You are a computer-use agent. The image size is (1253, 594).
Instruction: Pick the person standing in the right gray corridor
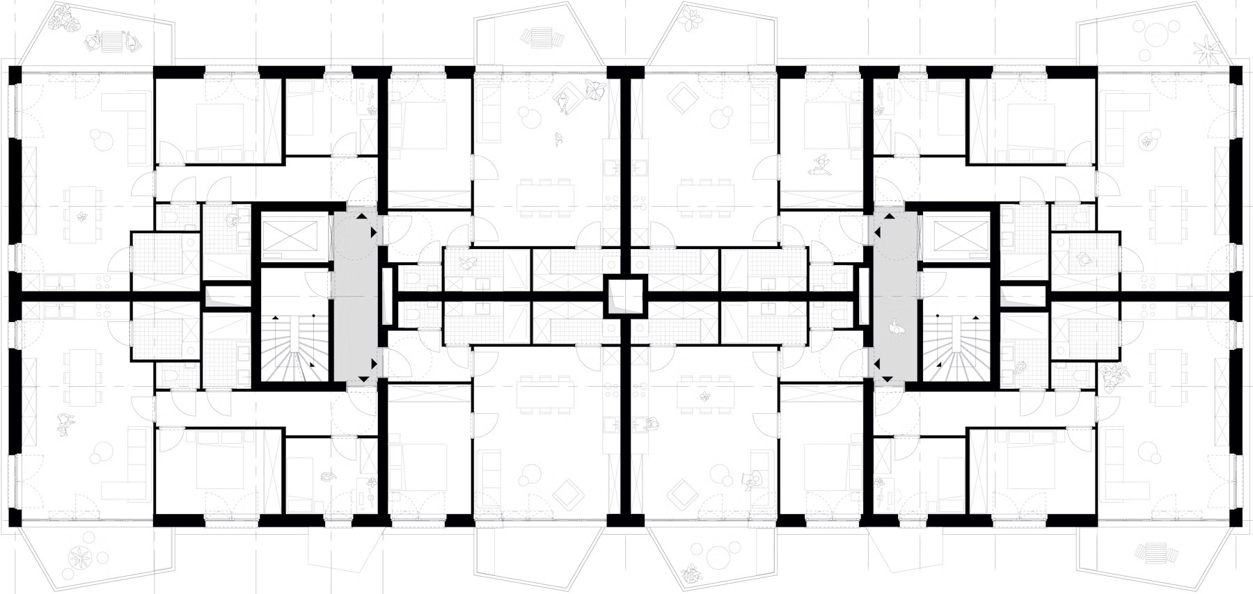[x=899, y=327]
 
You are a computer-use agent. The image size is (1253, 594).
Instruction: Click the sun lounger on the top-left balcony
[x=111, y=42]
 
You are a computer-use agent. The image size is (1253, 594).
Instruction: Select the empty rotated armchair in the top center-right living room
[x=681, y=99]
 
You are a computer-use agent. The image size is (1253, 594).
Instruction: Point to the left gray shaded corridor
[x=355, y=296]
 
